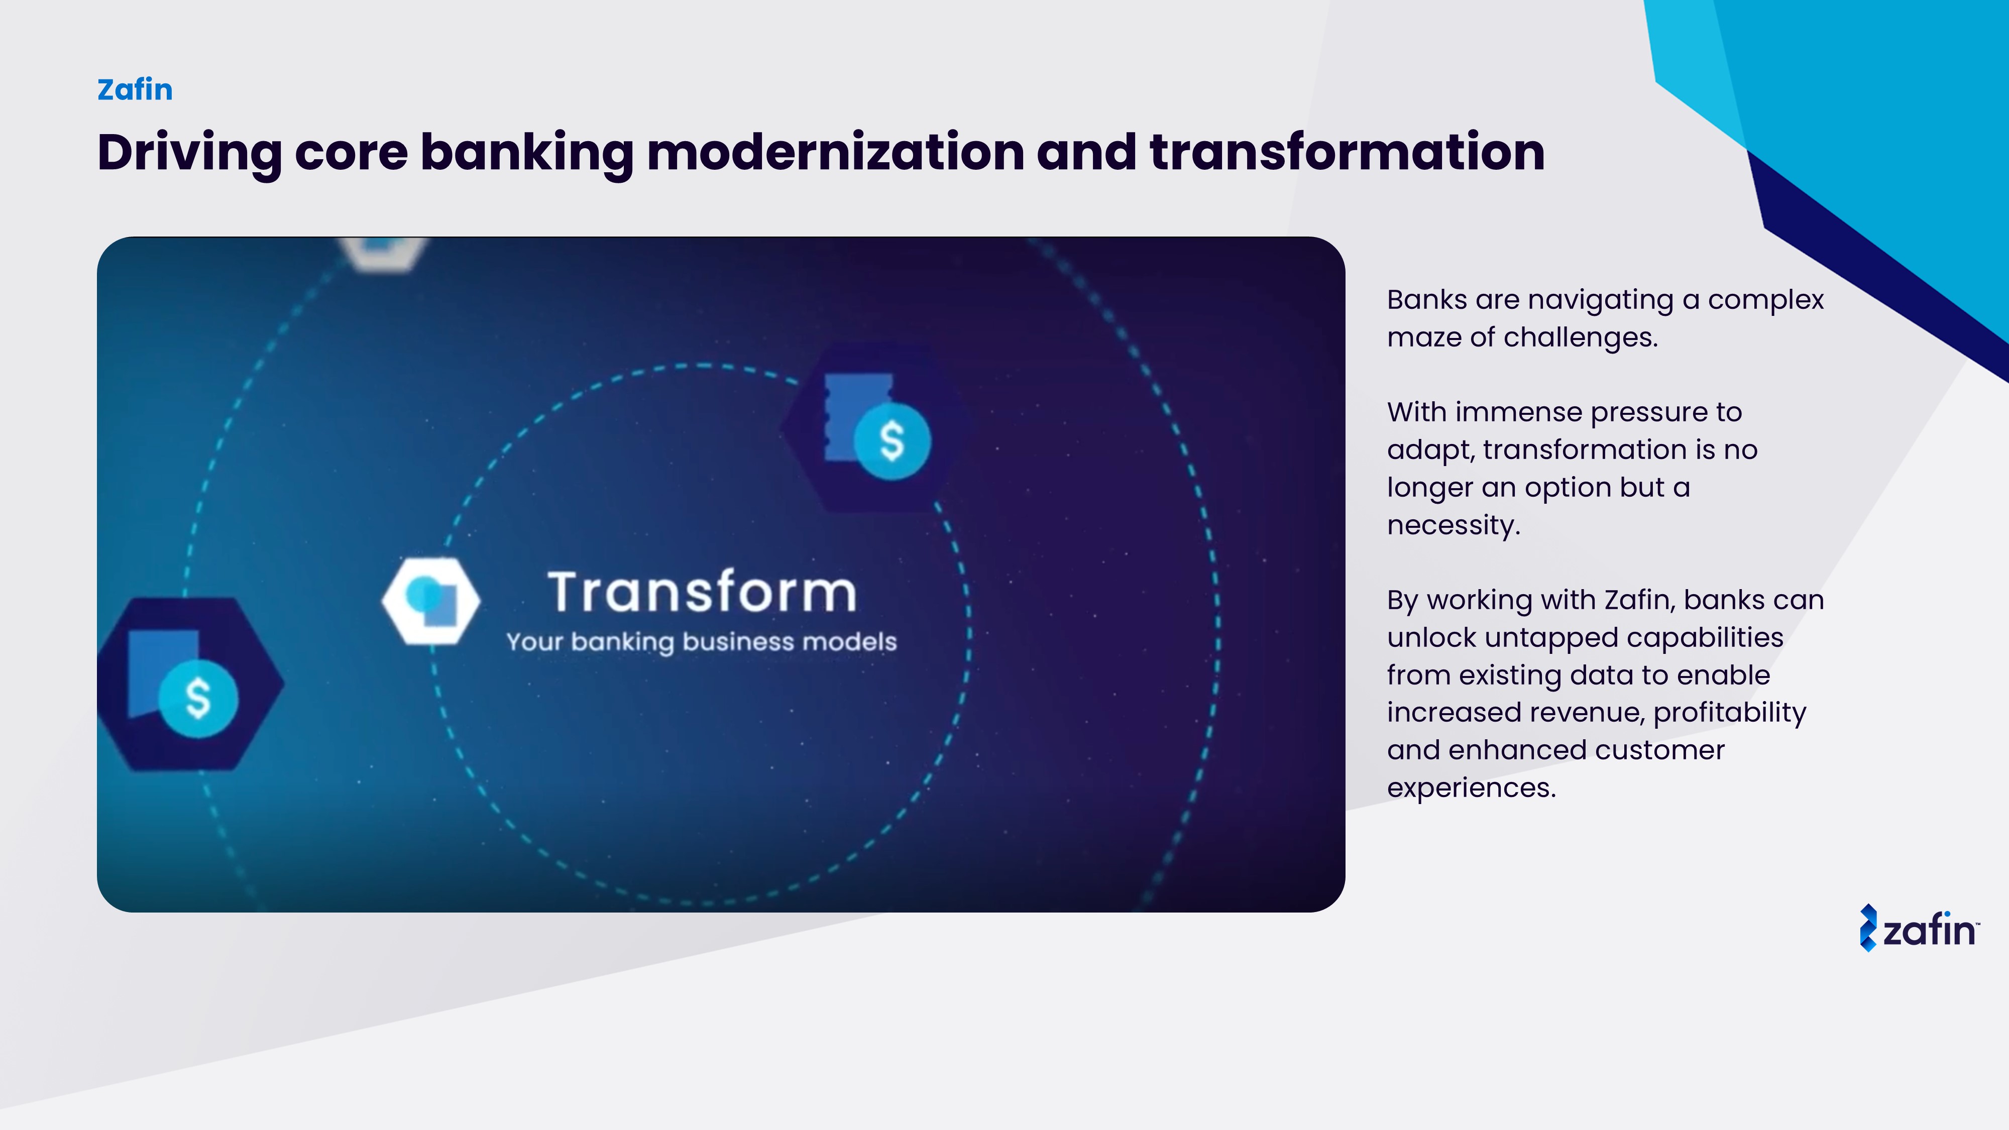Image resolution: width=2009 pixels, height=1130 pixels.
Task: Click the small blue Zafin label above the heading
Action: coord(135,90)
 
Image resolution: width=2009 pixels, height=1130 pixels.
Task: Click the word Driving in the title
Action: coord(189,153)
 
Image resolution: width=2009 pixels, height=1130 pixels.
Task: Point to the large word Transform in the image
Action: coord(702,592)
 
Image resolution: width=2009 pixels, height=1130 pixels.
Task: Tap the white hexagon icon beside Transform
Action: coord(430,601)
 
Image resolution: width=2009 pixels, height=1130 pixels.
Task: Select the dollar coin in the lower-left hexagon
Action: coord(198,698)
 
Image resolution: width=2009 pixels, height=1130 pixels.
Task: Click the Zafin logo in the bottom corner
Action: coord(1919,928)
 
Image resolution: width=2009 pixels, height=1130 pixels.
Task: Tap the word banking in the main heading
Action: coord(527,153)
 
